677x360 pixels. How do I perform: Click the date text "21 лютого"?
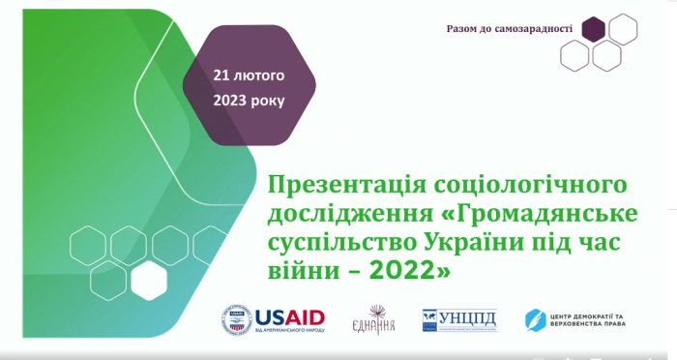250,75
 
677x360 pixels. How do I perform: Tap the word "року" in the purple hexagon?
270,101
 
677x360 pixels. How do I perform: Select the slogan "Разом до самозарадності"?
509,28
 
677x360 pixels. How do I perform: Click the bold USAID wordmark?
289,315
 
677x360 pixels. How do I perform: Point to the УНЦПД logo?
459,318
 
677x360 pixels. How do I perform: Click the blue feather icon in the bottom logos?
534,318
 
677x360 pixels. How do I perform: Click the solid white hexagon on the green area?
150,280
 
